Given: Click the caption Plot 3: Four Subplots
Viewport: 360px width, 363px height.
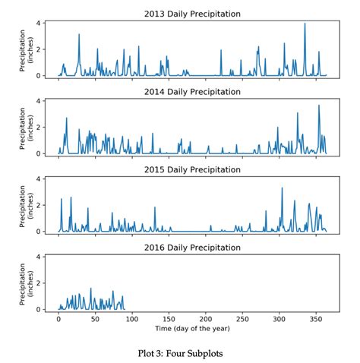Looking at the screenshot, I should [181, 352].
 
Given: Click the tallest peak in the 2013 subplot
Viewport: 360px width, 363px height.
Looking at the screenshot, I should [305, 24].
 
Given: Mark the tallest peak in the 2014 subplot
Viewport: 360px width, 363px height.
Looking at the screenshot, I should [318, 106].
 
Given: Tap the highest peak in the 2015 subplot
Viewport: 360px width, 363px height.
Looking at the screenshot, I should [282, 188].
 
